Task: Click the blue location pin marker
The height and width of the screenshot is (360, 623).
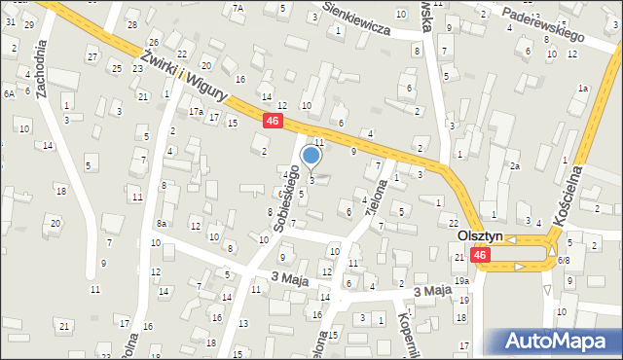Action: pos(311,156)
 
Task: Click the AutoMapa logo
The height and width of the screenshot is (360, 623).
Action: pos(560,342)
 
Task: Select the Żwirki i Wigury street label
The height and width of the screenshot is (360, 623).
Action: pos(184,73)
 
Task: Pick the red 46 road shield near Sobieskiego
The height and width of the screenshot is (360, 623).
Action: pos(274,121)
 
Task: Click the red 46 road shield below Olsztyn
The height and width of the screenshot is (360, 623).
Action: pos(480,255)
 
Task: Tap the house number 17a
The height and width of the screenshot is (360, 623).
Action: pos(197,112)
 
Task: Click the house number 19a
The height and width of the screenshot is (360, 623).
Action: pos(460,281)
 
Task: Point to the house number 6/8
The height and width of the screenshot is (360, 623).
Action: pos(564,261)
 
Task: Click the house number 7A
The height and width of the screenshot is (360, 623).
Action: pos(238,8)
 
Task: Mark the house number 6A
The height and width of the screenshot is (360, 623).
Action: pos(9,93)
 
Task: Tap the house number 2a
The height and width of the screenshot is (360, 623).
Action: pos(515,166)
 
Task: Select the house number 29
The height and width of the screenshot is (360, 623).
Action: pos(28,23)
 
